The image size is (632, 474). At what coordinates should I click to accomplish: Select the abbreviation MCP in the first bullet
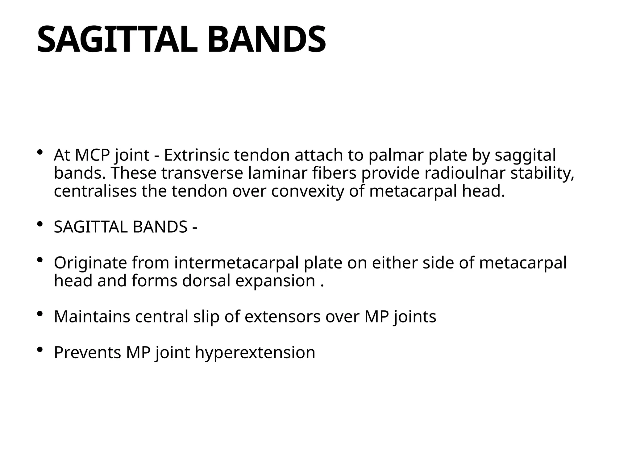click(92, 155)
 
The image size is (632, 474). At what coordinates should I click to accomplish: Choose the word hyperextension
click(255, 353)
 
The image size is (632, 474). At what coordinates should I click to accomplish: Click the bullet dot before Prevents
click(39, 350)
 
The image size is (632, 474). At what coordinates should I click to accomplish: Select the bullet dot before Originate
click(39, 260)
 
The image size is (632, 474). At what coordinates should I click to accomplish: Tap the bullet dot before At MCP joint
click(39, 152)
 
